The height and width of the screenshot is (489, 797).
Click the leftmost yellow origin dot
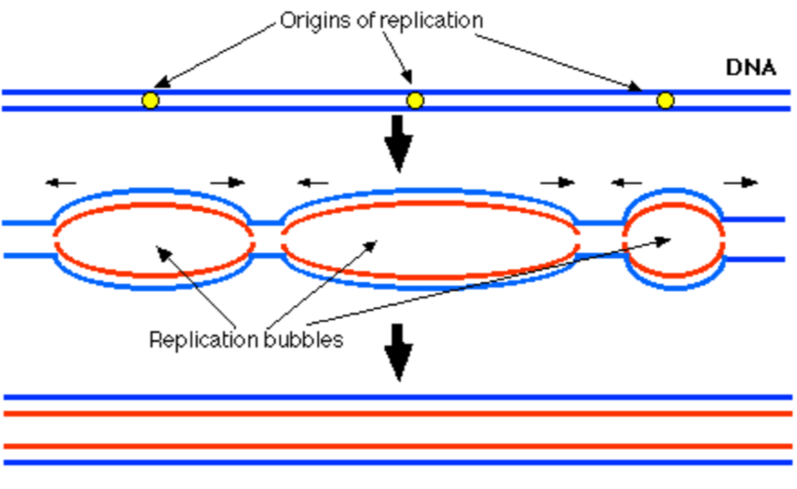click(x=151, y=100)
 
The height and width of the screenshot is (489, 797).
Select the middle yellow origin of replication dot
click(x=415, y=100)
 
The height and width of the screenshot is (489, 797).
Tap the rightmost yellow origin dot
click(x=666, y=100)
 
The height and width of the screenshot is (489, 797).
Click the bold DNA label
click(x=750, y=67)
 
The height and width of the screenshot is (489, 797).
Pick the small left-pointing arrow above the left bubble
click(x=62, y=182)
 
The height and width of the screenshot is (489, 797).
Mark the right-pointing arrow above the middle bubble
click(x=556, y=182)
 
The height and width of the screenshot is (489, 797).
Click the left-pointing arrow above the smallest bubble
click(x=626, y=182)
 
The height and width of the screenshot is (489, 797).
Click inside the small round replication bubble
click(x=674, y=239)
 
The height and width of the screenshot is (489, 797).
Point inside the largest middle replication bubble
click(x=429, y=239)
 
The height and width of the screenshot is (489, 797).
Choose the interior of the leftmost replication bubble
click(x=153, y=239)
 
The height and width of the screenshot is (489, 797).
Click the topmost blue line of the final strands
click(x=398, y=397)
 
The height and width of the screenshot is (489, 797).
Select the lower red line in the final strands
click(x=398, y=446)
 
